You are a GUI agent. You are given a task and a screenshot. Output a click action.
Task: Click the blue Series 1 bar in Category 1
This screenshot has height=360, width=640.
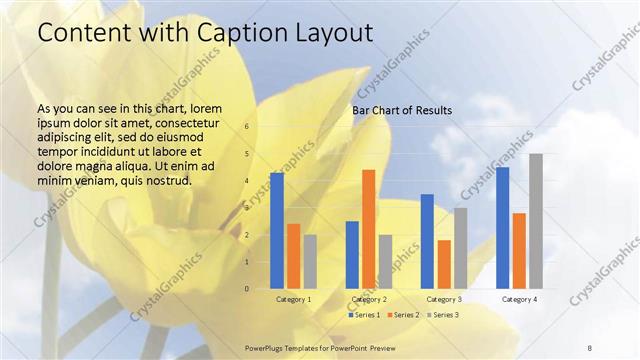click(x=277, y=231)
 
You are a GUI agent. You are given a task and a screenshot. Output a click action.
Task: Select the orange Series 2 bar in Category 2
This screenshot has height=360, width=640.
click(x=369, y=229)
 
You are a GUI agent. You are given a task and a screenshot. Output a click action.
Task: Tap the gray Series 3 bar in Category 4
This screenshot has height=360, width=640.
click(x=536, y=221)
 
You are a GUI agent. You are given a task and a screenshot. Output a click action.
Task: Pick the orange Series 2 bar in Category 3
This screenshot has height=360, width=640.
click(x=444, y=264)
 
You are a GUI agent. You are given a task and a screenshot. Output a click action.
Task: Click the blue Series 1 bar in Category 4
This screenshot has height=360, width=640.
click(x=503, y=228)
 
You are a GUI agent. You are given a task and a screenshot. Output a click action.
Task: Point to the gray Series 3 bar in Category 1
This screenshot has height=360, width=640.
click(x=310, y=262)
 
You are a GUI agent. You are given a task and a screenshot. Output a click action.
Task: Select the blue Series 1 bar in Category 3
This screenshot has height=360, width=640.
click(x=427, y=241)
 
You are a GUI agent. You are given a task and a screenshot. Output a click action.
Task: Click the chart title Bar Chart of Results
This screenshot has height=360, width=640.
click(x=401, y=110)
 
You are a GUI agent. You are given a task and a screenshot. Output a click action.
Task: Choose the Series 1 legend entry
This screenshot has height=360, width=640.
click(x=364, y=315)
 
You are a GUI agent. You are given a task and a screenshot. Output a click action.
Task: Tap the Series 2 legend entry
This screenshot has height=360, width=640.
click(x=402, y=315)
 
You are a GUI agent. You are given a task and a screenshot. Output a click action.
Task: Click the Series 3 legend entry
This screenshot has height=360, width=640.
click(x=441, y=315)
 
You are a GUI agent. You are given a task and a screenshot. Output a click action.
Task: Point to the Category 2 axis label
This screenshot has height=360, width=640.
click(x=369, y=299)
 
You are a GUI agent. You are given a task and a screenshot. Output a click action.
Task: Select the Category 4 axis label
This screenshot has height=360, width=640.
click(x=519, y=299)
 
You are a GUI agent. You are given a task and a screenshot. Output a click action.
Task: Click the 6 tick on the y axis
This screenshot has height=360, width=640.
click(x=247, y=127)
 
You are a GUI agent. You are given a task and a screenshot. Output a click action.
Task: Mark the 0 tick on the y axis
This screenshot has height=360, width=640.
click(x=247, y=289)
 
